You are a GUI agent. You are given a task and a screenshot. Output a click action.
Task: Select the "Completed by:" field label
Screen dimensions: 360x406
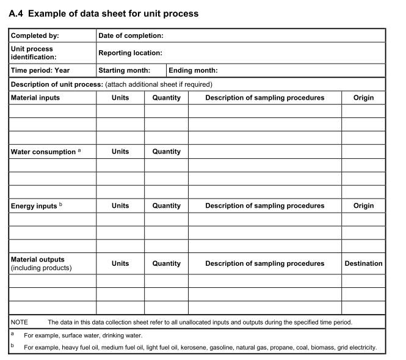(35, 36)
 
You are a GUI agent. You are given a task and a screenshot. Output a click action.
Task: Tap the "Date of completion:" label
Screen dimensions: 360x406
(131, 36)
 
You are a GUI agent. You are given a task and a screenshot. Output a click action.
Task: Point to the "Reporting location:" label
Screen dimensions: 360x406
(130, 53)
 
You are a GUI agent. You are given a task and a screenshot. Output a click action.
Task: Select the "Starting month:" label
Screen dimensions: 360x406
(124, 70)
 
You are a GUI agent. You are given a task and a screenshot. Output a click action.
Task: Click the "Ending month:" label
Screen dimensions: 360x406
(193, 70)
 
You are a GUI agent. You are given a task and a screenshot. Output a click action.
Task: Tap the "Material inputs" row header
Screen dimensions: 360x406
(35, 98)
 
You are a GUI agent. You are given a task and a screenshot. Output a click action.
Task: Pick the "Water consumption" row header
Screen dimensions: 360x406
(43, 152)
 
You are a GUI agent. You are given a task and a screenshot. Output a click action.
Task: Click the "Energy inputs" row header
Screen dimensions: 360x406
(34, 206)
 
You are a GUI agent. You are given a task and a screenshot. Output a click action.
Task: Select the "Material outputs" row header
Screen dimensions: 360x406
(37, 260)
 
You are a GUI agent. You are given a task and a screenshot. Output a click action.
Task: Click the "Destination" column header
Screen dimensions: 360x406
(363, 263)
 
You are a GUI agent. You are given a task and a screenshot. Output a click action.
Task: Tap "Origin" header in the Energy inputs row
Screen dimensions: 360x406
(363, 206)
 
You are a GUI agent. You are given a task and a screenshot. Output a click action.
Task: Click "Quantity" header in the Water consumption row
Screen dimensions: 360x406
(166, 152)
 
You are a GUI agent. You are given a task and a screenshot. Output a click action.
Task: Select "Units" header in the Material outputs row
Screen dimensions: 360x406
(120, 263)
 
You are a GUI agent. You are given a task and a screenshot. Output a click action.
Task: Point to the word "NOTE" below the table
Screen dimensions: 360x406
(20, 322)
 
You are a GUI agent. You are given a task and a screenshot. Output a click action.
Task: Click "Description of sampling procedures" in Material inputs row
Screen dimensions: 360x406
(264, 98)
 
